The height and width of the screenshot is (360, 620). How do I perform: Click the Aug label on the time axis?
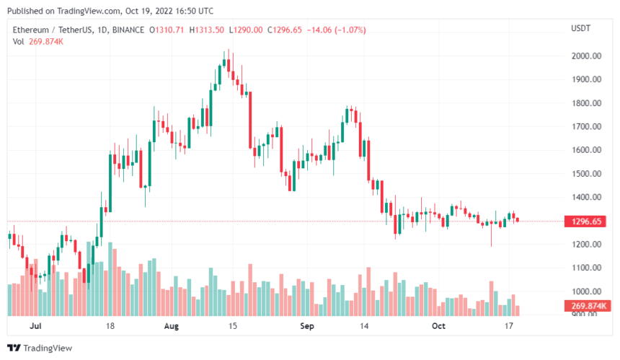(172, 326)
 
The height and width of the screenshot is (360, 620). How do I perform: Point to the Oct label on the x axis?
(440, 326)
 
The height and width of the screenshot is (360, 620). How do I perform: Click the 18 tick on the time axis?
(110, 326)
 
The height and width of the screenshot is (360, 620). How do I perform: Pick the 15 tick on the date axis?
(233, 326)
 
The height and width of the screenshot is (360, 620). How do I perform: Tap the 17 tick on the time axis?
(508, 326)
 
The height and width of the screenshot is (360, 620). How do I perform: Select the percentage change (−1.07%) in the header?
(349, 30)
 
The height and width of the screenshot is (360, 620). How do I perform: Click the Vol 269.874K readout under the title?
(37, 42)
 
